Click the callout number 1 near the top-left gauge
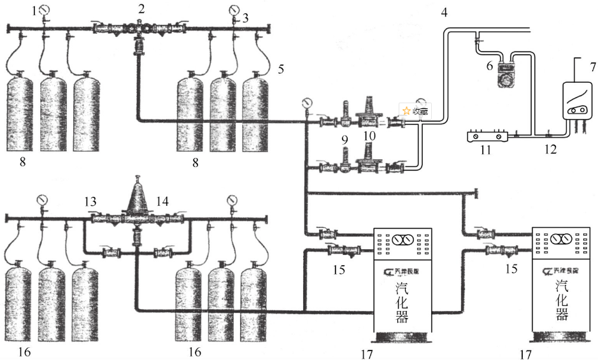(35, 11)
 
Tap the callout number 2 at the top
(141, 8)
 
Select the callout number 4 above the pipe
(444, 11)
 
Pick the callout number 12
(550, 150)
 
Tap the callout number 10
(369, 136)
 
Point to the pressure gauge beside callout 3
(235, 10)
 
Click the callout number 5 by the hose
(281, 68)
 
